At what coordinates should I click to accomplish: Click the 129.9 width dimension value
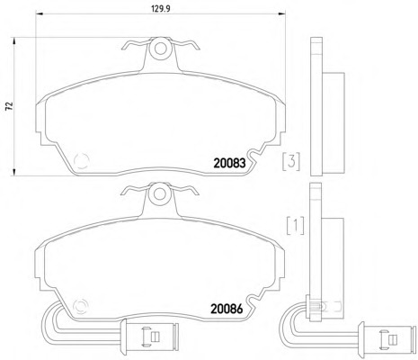[161, 9]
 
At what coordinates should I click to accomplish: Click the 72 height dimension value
[10, 106]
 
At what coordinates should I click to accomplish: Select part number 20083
[229, 163]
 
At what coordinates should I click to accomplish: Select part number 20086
[227, 309]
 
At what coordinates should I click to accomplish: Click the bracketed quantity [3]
[291, 161]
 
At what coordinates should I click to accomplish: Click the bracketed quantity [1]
[296, 226]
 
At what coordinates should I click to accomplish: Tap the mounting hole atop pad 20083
[161, 49]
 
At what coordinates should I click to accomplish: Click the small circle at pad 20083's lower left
[81, 160]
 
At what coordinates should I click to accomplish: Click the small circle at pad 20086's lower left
[80, 306]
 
